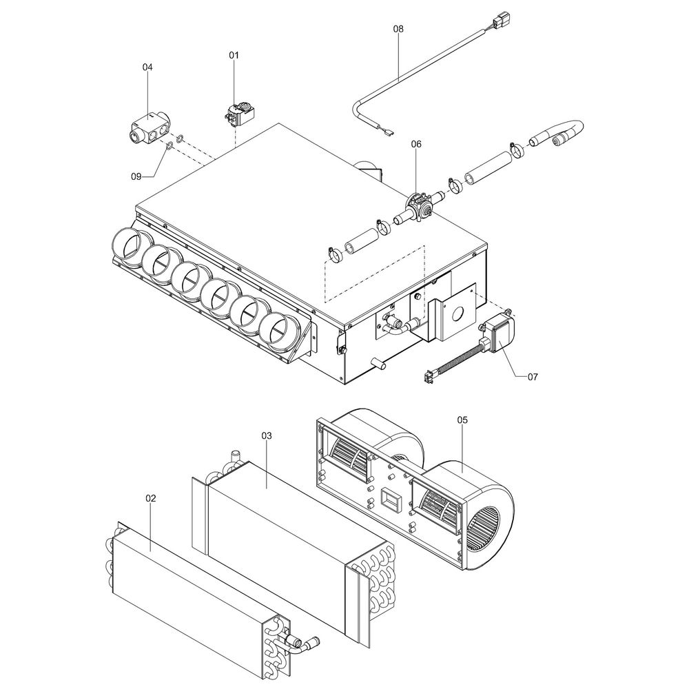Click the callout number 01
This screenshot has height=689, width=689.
coord(234,55)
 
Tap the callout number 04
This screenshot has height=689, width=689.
coord(147,68)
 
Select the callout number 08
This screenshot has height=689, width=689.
coord(398,28)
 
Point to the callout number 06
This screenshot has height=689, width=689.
coord(416,144)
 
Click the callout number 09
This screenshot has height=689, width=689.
coord(136,176)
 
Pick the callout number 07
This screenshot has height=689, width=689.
coord(532,377)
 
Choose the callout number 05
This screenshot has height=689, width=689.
coord(462,420)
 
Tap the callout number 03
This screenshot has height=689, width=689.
coord(267,435)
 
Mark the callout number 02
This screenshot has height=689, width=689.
coord(151,498)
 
